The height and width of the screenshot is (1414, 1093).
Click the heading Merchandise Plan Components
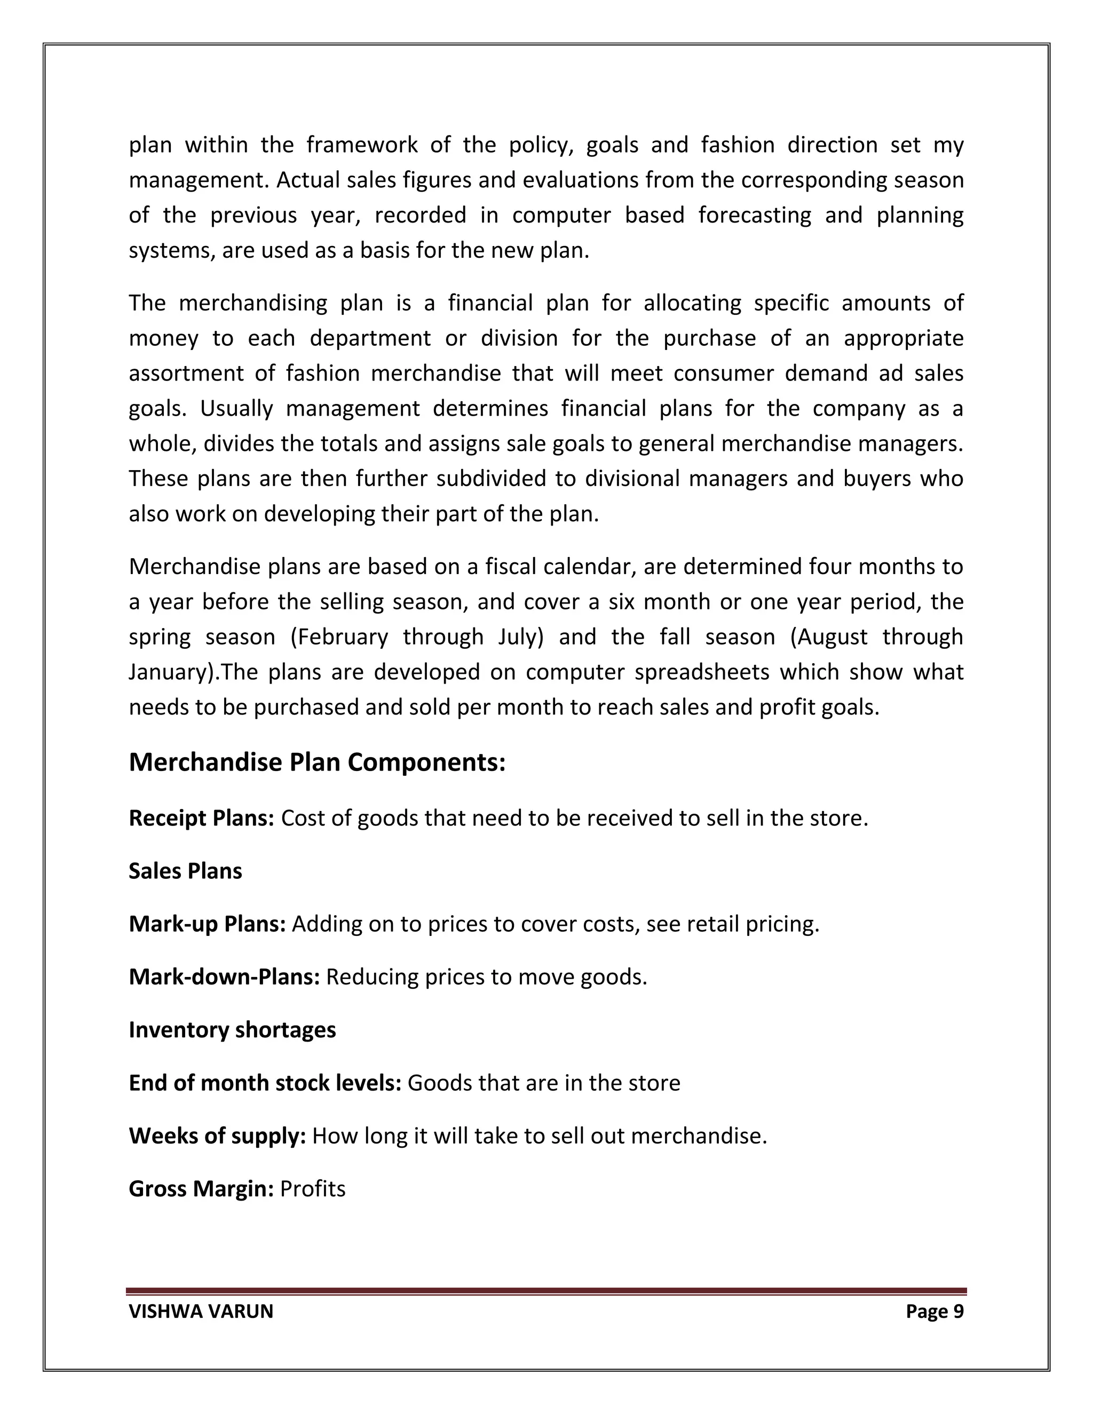click(316, 762)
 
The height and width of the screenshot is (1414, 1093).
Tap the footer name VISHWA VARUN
click(201, 1312)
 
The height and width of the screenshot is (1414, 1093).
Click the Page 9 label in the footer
click(934, 1312)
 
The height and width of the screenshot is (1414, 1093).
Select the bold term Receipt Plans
click(201, 819)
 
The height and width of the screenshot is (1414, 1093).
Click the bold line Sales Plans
click(185, 871)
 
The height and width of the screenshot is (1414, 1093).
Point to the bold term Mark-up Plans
click(207, 924)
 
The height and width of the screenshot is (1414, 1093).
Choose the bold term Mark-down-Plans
click(224, 977)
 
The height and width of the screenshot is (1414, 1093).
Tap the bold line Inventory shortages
click(232, 1030)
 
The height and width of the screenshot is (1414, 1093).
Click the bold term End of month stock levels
click(265, 1083)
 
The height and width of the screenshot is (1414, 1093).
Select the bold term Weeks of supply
click(217, 1136)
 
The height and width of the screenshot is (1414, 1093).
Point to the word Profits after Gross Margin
click(313, 1189)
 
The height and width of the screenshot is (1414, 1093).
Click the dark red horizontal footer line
click(546, 1291)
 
